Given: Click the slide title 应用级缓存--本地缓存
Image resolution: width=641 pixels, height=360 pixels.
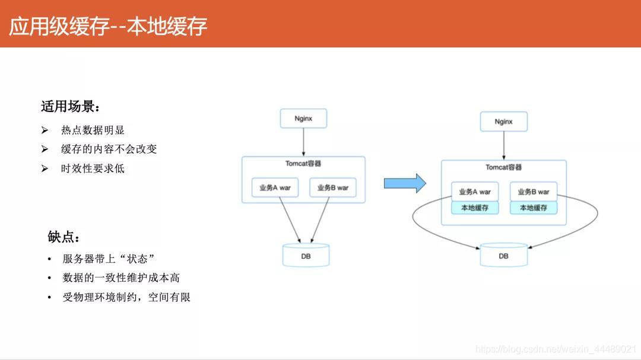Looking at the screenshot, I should [108, 26].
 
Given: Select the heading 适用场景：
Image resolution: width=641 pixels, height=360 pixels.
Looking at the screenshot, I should [70, 107].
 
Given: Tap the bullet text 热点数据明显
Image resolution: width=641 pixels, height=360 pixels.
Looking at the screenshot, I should [93, 130].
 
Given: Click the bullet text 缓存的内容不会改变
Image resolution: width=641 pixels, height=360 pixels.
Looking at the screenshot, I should [109, 149].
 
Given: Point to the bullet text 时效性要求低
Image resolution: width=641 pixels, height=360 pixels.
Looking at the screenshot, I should [93, 168].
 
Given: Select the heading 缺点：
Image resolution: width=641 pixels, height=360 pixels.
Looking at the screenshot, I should [64, 237].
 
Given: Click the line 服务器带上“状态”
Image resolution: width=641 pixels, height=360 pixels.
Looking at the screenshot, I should [109, 259].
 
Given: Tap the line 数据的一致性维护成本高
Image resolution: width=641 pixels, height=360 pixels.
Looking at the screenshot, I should [121, 278].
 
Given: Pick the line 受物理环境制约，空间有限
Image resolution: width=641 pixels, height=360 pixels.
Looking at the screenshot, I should [126, 297].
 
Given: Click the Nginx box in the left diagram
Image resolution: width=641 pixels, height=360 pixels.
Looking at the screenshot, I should [303, 119].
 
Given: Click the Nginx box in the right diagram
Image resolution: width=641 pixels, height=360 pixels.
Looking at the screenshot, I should [503, 122].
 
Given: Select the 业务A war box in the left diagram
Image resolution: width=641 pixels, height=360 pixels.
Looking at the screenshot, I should [275, 187].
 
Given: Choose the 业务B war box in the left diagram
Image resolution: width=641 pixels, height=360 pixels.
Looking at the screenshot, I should [333, 187].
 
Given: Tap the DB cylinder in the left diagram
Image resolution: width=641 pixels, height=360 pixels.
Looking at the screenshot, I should [306, 256].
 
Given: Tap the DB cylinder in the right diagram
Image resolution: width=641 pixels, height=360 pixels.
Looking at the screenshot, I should [503, 256].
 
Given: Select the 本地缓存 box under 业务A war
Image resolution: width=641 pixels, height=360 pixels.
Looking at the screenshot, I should [474, 208].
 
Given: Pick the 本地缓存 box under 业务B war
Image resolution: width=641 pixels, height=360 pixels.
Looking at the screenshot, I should [534, 208].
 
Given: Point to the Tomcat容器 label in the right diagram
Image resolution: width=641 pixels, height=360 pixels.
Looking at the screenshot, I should [503, 167].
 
